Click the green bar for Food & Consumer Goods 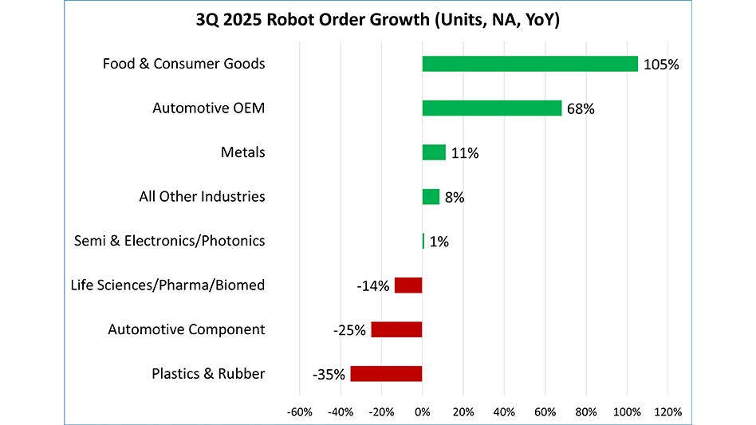[530, 64]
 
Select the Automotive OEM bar [492, 108]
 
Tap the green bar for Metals [434, 152]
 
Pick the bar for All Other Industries [431, 197]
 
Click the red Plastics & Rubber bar [386, 373]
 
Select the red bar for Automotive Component [396, 329]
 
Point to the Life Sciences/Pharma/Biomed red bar [408, 285]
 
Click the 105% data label [661, 65]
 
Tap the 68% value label [580, 109]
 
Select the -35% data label [328, 374]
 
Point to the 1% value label [439, 242]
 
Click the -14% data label [372, 285]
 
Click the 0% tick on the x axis [422, 412]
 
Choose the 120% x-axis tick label [667, 412]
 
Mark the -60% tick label [299, 412]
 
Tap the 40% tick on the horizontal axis [504, 412]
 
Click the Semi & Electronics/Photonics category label [169, 241]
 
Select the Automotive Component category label [186, 329]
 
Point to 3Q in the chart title [209, 20]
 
